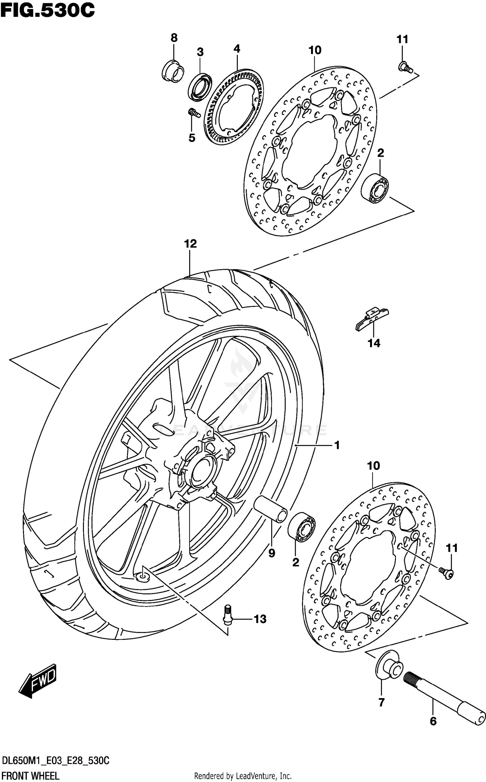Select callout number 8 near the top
tap(174, 38)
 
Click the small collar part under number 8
tap(173, 71)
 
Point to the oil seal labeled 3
tap(200, 87)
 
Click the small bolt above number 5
tap(194, 113)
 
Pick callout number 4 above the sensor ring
tap(237, 49)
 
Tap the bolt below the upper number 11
tap(405, 67)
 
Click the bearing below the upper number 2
tap(375, 188)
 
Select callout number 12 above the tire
tap(191, 244)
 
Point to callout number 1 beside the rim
tap(337, 446)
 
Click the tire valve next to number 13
tap(228, 618)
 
